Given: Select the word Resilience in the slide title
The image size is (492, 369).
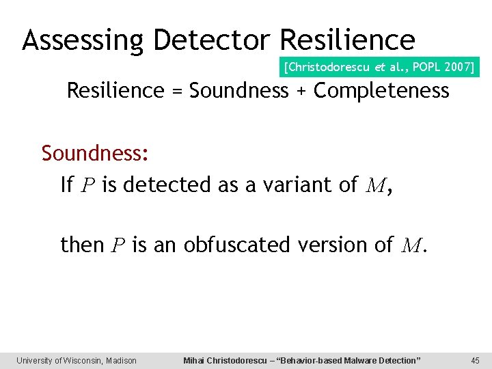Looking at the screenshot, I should [x=348, y=40].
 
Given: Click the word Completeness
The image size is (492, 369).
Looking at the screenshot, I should [x=381, y=91].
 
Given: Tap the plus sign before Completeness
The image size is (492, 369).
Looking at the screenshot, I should [x=301, y=91].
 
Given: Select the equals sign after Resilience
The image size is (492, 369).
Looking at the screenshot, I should [x=177, y=91].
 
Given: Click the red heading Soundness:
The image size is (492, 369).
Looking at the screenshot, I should [x=95, y=154].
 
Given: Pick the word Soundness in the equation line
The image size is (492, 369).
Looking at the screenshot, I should [x=239, y=91].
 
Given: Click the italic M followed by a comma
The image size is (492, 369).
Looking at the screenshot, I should [x=374, y=185].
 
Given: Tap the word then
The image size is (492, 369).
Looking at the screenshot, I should [x=83, y=244].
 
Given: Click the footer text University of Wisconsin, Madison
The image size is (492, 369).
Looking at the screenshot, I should [x=77, y=360].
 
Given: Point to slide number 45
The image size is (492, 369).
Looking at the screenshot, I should [x=476, y=360].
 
